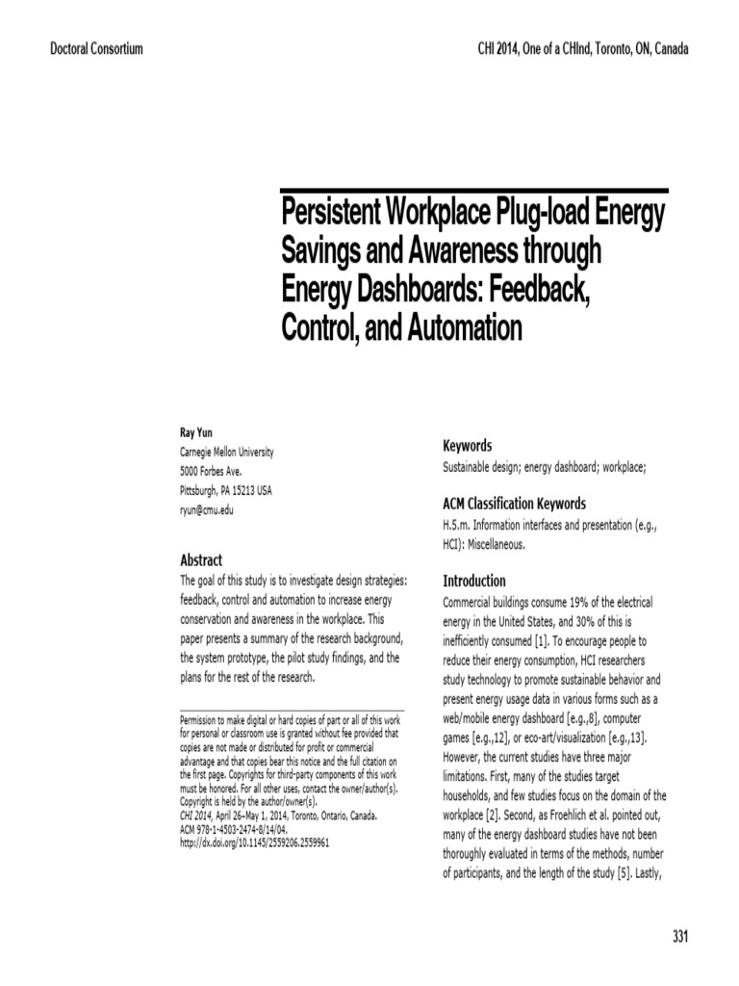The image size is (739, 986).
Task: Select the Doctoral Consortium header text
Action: (96, 49)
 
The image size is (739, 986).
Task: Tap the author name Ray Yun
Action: (197, 433)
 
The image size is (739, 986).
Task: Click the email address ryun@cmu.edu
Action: (207, 510)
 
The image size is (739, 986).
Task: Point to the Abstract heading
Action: (201, 560)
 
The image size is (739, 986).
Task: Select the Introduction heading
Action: (473, 581)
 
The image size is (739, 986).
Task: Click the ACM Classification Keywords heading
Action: (514, 504)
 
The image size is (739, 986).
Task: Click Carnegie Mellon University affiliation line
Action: (227, 452)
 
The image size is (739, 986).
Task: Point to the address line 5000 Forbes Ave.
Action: (212, 471)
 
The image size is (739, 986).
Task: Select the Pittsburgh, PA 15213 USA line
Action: (226, 490)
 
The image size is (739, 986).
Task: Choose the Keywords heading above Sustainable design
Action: (467, 446)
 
